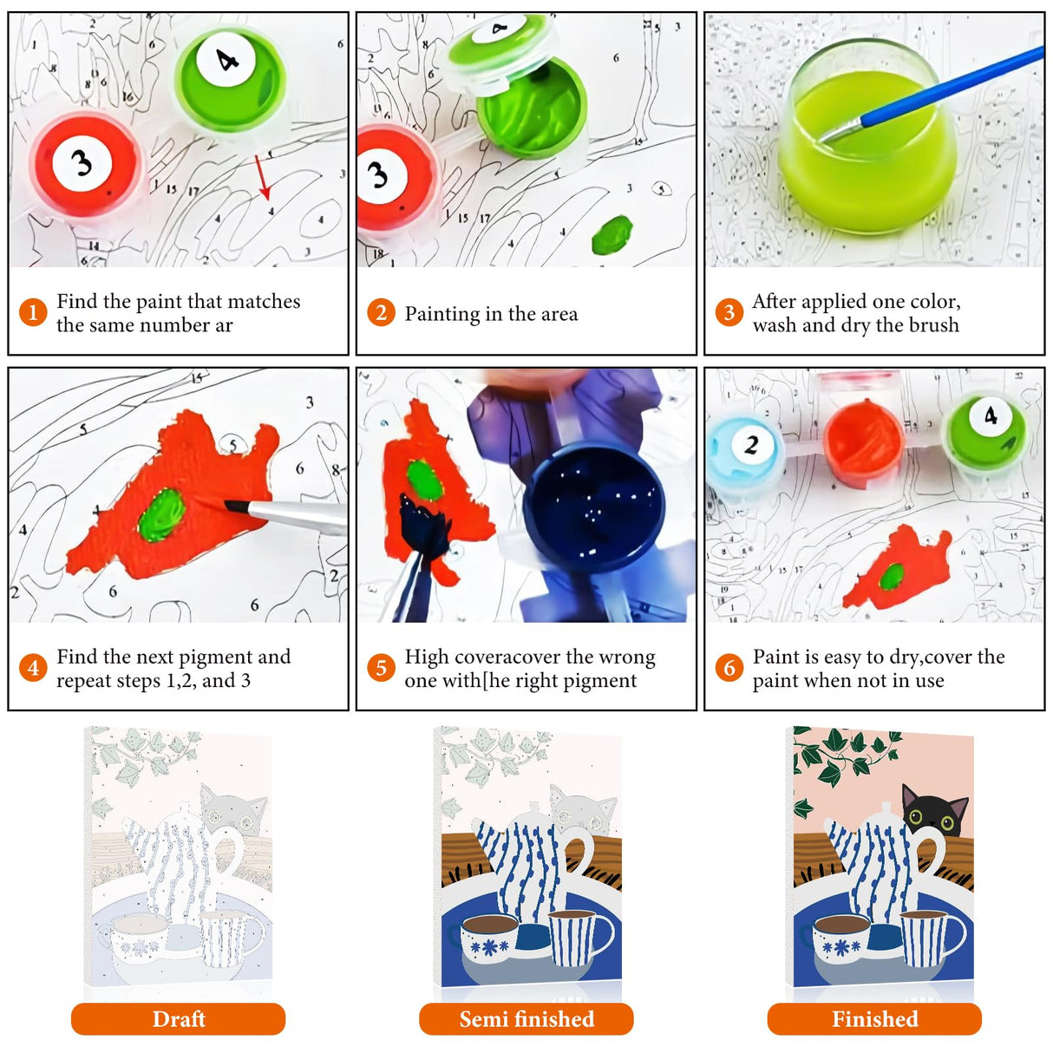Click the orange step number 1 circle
pos(33,312)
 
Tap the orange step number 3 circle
pos(729,312)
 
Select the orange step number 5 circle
pos(381,667)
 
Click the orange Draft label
pos(178,1019)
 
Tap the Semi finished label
pos(526,1019)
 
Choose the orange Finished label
pos(874,1019)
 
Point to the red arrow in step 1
pos(262,178)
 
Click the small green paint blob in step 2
pos(612,235)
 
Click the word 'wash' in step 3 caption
pos(775,325)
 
